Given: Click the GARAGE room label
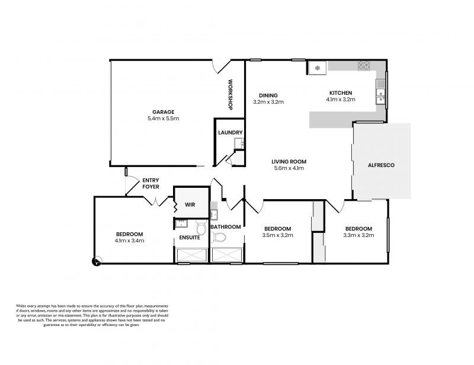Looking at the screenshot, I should click(163, 111).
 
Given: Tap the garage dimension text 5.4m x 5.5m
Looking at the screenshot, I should click(163, 119).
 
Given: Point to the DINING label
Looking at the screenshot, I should click(268, 95).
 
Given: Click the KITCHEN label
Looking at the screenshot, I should click(341, 93).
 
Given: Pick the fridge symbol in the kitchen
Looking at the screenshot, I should click(317, 69).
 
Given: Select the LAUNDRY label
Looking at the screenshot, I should click(228, 133).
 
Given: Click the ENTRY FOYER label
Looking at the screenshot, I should click(150, 183).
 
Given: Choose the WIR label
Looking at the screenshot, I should click(190, 204).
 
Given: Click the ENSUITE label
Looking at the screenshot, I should click(190, 238).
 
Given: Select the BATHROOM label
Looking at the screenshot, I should click(226, 227).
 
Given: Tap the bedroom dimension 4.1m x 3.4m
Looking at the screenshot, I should click(130, 241).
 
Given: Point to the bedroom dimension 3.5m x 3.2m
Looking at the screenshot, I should click(278, 235).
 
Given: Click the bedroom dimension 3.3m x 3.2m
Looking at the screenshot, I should click(358, 235).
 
